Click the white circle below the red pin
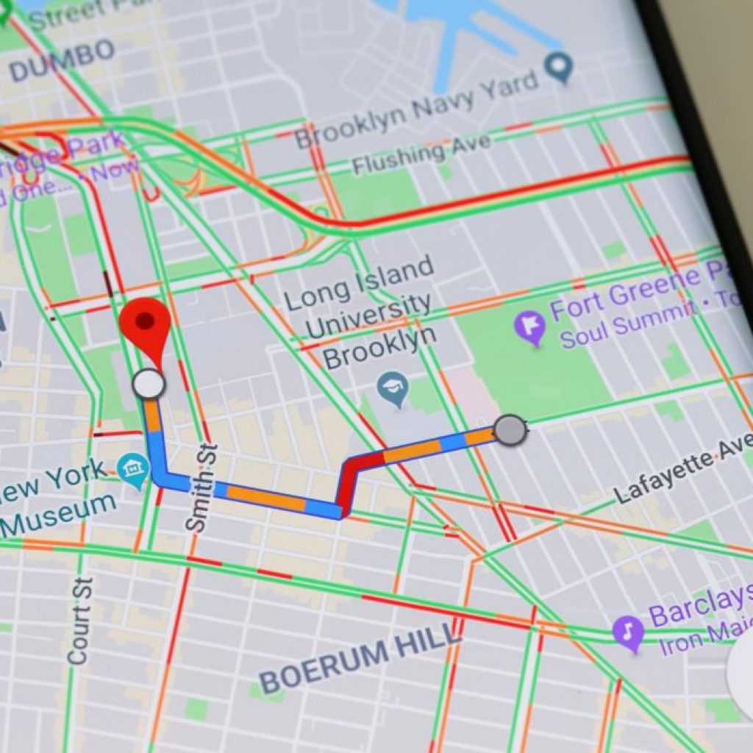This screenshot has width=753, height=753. click(149, 384)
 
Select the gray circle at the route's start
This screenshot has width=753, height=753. click(510, 429)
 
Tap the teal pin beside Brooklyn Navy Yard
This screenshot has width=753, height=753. click(560, 68)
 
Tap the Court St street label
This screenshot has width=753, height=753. click(81, 621)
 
